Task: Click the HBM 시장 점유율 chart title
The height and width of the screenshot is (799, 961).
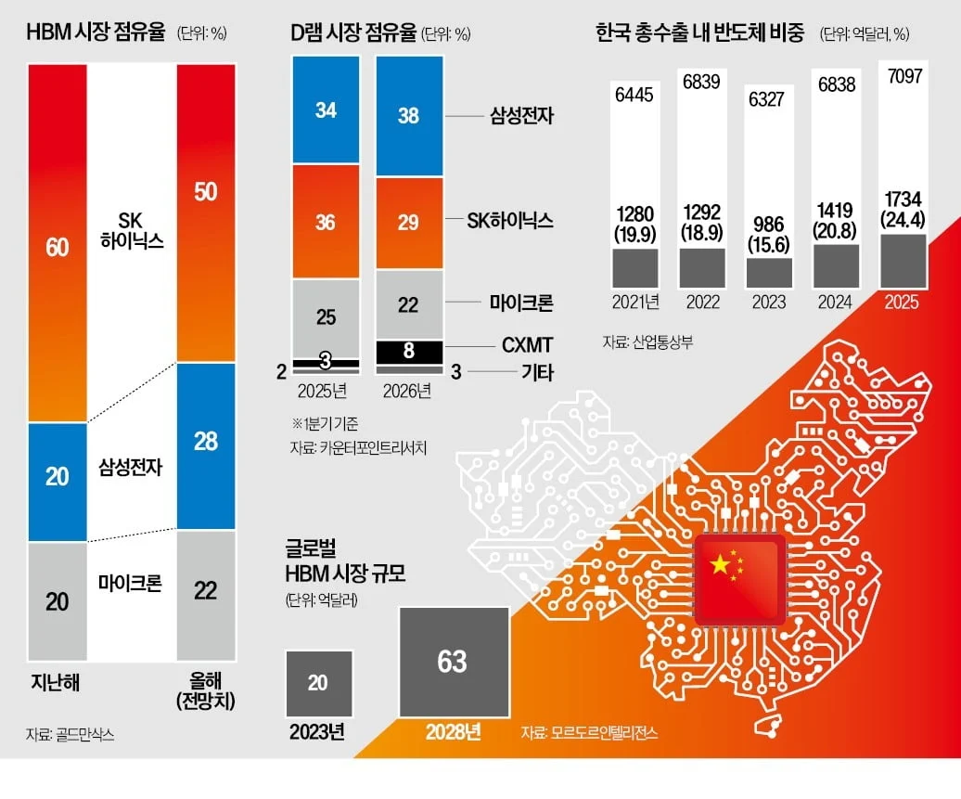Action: [x=96, y=32]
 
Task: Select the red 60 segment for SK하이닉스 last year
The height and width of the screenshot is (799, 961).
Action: [x=58, y=243]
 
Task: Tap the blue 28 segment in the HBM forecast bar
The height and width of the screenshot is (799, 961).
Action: [x=206, y=445]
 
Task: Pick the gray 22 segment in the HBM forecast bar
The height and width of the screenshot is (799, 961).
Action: [x=206, y=595]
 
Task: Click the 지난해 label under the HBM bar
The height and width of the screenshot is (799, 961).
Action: [x=56, y=682]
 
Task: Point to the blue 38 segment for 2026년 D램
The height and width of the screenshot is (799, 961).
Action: [x=409, y=117]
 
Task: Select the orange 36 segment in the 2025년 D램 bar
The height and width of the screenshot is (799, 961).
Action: [x=327, y=222]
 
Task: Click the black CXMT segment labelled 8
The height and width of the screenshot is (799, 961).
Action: [x=409, y=352]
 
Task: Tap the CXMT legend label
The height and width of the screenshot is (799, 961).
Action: [x=527, y=345]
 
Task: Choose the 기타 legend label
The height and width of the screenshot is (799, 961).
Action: [x=537, y=371]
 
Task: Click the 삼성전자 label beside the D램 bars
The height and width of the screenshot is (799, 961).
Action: [x=521, y=115]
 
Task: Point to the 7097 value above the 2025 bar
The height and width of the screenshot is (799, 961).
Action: [x=904, y=76]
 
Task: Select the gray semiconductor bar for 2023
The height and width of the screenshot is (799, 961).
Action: [x=769, y=273]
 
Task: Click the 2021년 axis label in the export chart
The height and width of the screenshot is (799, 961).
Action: [x=635, y=302]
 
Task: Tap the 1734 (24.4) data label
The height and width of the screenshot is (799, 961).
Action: [x=903, y=210]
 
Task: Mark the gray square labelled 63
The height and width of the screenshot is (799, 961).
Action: [x=455, y=662]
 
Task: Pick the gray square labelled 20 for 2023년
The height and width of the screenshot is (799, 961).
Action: [x=319, y=684]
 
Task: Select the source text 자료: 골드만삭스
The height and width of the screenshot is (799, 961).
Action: [x=70, y=734]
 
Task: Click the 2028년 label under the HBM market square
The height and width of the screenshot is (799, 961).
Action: [x=454, y=731]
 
